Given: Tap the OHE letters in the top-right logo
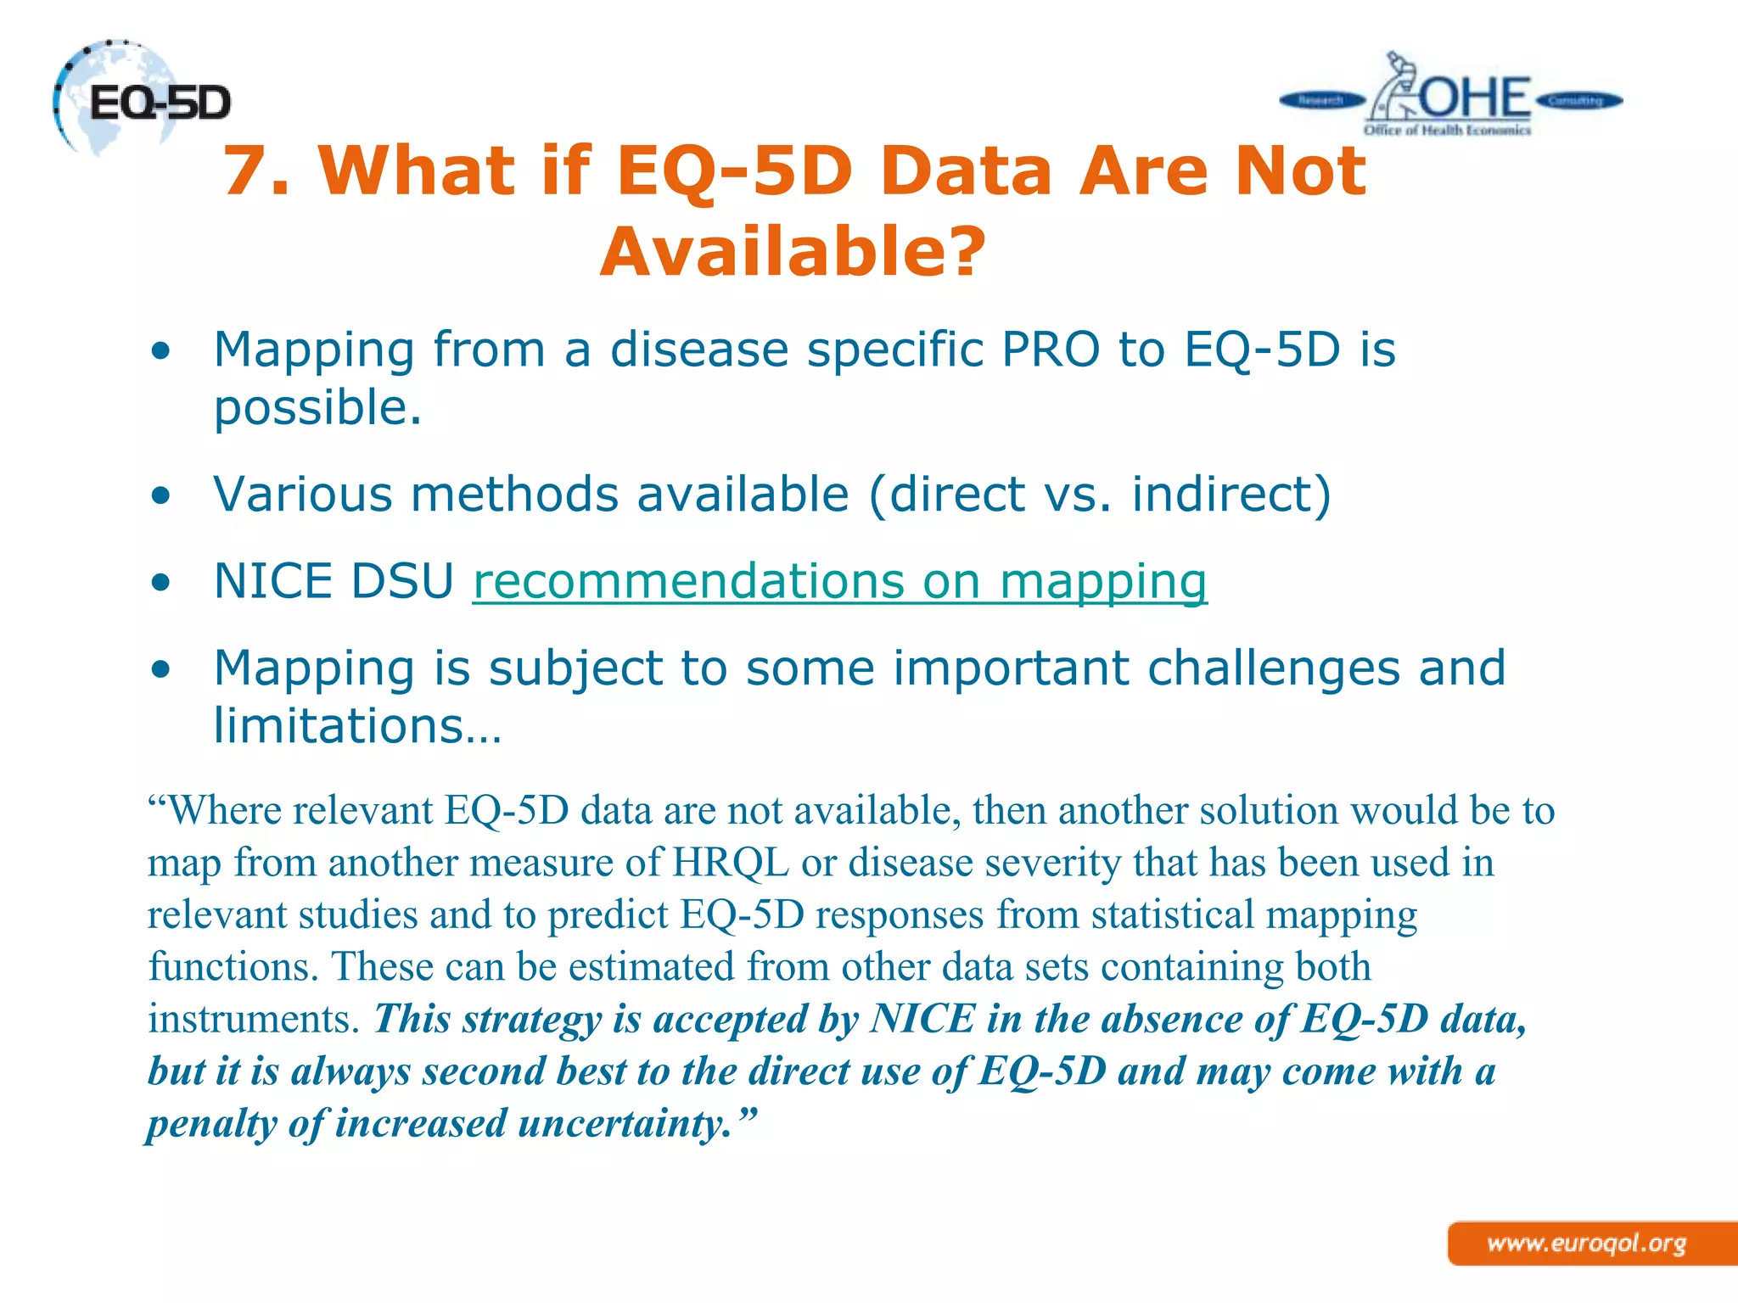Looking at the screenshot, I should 1475,98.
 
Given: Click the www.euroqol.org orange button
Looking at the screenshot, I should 1587,1244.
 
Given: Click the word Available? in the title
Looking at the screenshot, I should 793,252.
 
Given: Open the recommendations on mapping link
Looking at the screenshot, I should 839,582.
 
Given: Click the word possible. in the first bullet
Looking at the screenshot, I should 317,408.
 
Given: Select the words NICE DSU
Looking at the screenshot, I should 334,582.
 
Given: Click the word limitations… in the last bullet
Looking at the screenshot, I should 357,726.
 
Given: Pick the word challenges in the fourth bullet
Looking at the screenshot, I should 1273,668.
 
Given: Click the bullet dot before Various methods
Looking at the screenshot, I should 161,496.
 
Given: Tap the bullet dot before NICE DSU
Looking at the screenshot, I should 161,584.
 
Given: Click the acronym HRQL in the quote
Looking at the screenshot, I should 731,863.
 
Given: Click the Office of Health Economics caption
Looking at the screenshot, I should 1447,131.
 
